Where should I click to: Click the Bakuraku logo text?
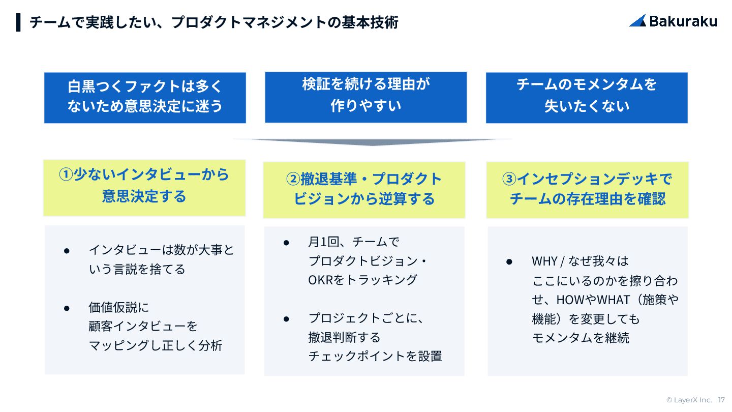click(x=683, y=21)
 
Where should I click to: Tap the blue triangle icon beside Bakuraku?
click(x=637, y=21)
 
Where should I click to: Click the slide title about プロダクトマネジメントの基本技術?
click(x=214, y=22)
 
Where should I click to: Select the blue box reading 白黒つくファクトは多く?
click(x=145, y=97)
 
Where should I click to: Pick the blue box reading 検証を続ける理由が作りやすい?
click(x=365, y=97)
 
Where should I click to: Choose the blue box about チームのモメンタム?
click(x=587, y=97)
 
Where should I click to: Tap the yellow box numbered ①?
click(x=144, y=187)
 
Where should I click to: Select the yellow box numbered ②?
click(x=364, y=189)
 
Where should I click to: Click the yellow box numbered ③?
click(x=587, y=189)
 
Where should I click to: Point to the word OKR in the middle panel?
click(x=320, y=280)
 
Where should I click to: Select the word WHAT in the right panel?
click(x=615, y=300)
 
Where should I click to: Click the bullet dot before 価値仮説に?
click(x=67, y=308)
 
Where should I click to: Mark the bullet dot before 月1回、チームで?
click(x=286, y=243)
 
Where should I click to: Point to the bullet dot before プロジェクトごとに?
click(x=286, y=319)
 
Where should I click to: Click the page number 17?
click(x=722, y=400)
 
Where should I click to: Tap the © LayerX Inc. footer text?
click(x=689, y=400)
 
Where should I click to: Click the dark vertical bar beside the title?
click(x=19, y=22)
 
